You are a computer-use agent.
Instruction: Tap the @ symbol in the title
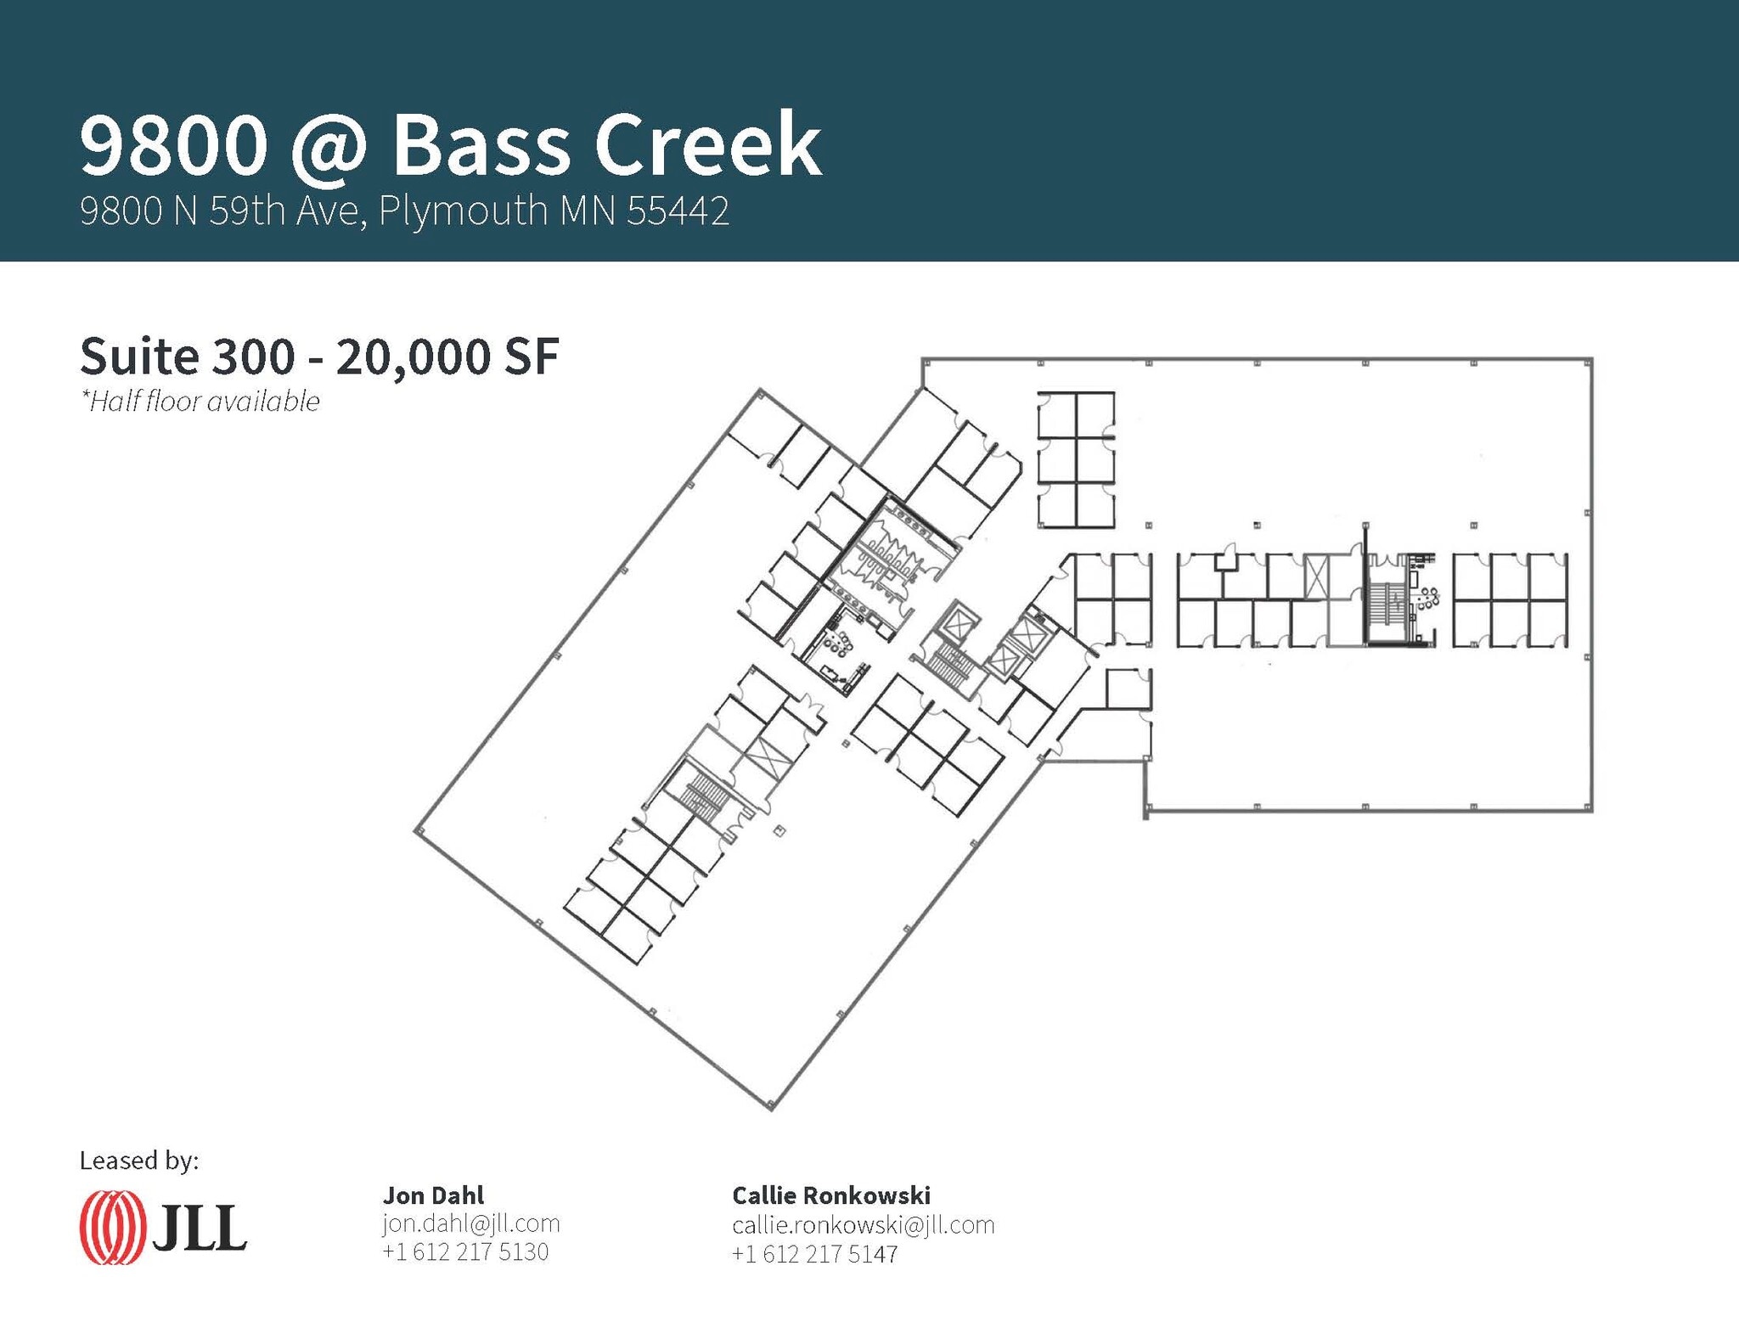pos(329,146)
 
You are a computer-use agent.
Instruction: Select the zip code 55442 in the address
pos(678,211)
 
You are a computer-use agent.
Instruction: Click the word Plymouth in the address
pos(463,211)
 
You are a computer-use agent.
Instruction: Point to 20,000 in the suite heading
pos(414,357)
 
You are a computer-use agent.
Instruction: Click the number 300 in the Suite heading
pos(253,357)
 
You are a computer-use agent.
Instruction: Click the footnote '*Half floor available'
pos(200,402)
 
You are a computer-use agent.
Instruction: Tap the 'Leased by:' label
pos(139,1160)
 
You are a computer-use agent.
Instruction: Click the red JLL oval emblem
pos(111,1228)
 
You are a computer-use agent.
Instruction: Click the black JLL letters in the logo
pos(200,1228)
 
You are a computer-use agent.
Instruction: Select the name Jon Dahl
pos(433,1195)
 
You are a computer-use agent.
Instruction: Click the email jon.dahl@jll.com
pos(471,1223)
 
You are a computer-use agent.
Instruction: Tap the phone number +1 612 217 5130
pos(465,1251)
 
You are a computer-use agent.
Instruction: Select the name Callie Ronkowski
pos(831,1195)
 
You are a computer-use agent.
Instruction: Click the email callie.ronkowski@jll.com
pos(863,1224)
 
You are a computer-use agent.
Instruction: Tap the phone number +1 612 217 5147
pos(814,1254)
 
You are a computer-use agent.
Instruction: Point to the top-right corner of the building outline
pos(1591,359)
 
